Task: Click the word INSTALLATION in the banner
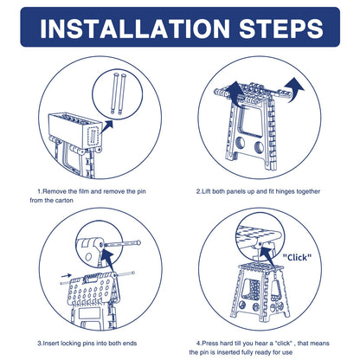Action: [x=135, y=29]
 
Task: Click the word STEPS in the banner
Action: [x=281, y=29]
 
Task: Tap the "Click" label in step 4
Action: [x=297, y=257]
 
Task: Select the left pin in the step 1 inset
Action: [x=114, y=94]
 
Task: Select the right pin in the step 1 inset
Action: [x=122, y=94]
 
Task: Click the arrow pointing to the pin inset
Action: [x=106, y=127]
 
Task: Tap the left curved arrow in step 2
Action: [x=235, y=91]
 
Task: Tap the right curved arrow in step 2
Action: [x=295, y=88]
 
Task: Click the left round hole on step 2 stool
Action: [x=239, y=144]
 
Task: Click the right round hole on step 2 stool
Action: [x=259, y=147]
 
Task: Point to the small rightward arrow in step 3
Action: [x=67, y=276]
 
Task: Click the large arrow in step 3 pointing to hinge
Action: [x=108, y=260]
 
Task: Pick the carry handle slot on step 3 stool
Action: [x=91, y=280]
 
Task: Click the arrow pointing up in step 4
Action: [x=267, y=255]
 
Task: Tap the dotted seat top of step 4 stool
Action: [x=260, y=267]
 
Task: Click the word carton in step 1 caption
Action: [x=64, y=200]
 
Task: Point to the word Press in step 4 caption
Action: [x=209, y=344]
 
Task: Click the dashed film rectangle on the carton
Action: [x=93, y=136]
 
